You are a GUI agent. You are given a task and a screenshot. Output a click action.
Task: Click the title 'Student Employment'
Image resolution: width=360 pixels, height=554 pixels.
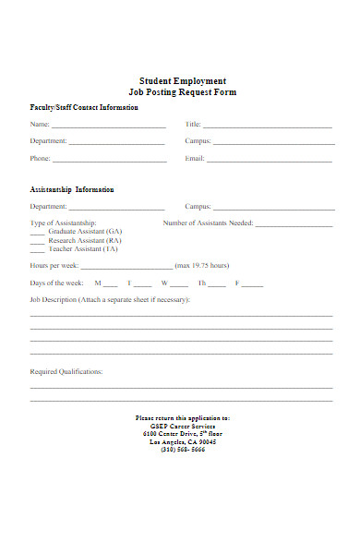click(182, 80)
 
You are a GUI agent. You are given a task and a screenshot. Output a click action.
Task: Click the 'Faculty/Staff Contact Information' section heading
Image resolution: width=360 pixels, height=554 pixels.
click(84, 108)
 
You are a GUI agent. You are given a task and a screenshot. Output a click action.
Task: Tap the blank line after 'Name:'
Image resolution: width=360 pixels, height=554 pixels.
click(108, 126)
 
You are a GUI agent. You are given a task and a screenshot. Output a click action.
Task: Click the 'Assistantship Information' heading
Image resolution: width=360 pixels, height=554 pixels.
click(72, 189)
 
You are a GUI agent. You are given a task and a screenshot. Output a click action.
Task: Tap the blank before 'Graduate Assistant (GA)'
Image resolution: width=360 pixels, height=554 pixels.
click(37, 233)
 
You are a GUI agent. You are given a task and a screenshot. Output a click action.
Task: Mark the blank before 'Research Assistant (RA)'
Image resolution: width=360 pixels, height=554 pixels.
click(37, 242)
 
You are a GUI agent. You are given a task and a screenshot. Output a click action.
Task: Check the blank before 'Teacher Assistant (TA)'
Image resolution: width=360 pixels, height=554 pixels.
click(37, 251)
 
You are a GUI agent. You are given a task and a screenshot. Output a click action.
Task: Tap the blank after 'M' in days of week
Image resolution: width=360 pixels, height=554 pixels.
click(111, 285)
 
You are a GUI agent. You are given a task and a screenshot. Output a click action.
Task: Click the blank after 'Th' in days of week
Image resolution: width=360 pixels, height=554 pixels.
click(219, 285)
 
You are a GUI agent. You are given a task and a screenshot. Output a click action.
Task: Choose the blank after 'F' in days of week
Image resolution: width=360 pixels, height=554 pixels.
click(252, 285)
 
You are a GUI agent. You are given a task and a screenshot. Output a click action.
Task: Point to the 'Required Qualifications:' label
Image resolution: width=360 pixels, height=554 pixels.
click(66, 372)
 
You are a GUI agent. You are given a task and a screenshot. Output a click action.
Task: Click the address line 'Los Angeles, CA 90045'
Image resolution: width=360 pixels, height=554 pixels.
click(183, 441)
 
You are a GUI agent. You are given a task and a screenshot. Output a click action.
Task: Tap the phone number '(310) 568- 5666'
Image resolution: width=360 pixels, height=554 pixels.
click(183, 450)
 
